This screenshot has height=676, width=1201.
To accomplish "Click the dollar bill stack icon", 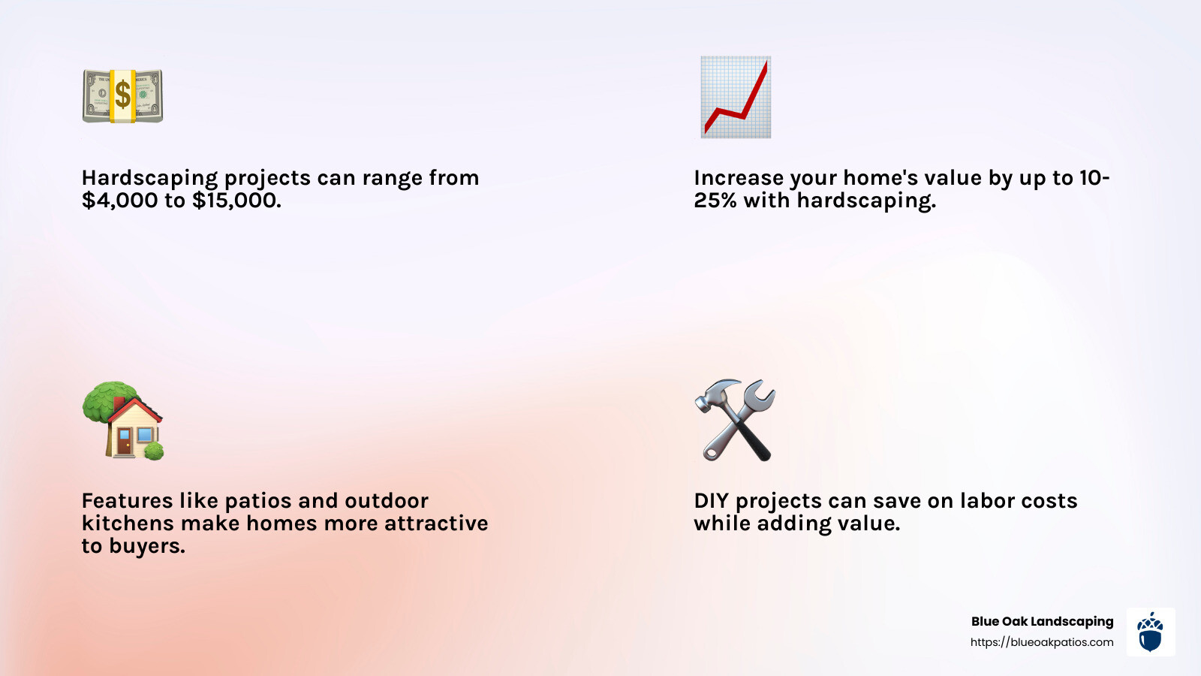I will [122, 96].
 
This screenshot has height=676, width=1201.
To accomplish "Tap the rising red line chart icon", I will [736, 97].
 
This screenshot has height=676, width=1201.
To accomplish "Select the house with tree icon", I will [122, 421].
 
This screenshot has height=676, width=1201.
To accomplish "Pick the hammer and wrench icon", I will [735, 420].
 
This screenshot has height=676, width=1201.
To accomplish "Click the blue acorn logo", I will [1150, 632].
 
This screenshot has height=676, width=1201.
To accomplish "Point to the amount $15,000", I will [236, 201].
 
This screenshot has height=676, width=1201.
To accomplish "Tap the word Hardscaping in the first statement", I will [149, 178].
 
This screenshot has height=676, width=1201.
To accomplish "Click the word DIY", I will [711, 501].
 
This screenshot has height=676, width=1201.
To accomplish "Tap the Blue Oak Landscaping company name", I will [1042, 621].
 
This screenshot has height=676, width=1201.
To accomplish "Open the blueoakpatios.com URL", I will [1042, 642].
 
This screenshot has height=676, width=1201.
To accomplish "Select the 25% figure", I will [715, 201].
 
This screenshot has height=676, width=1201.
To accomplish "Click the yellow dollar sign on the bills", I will [122, 95].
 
